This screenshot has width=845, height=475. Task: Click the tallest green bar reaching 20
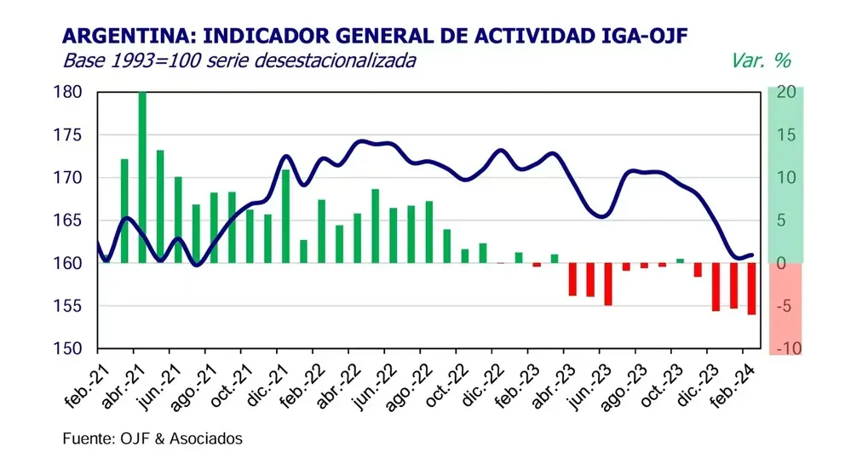(142, 177)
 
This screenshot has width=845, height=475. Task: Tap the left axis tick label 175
(72, 135)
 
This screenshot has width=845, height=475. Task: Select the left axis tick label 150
(72, 349)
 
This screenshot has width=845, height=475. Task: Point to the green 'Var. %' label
(761, 60)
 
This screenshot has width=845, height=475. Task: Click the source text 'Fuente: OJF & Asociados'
(152, 439)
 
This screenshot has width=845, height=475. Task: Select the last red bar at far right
(752, 289)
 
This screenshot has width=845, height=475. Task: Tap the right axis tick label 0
(781, 263)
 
